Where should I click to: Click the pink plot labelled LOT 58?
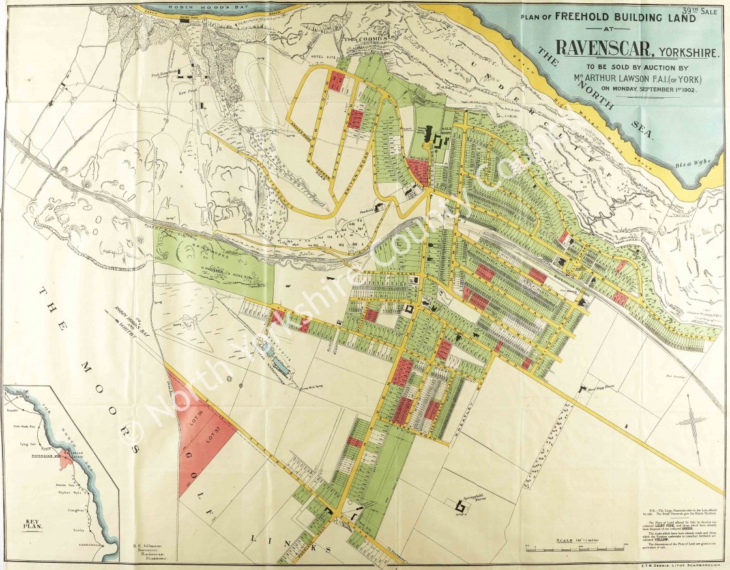coord(198,414)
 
